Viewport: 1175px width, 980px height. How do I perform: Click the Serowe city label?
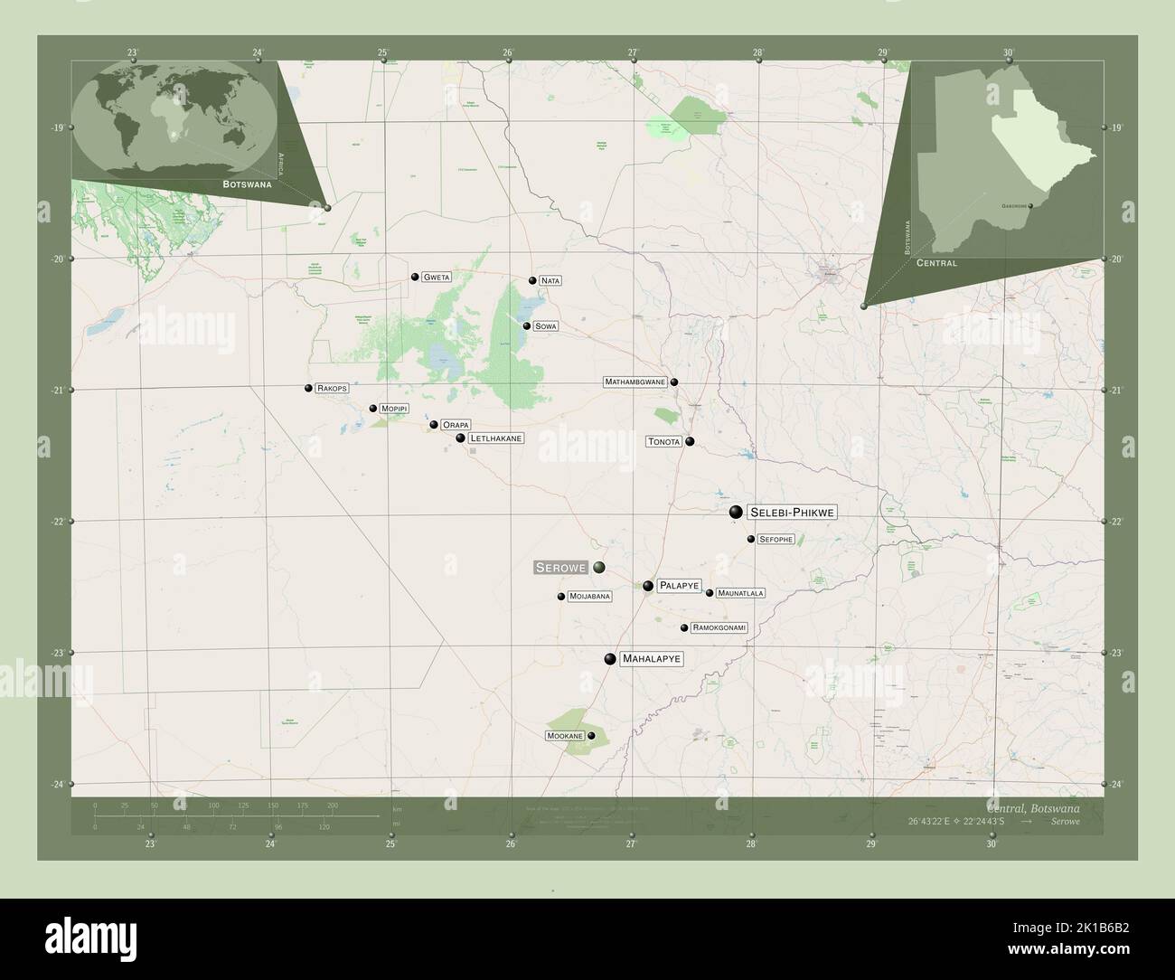(x=560, y=568)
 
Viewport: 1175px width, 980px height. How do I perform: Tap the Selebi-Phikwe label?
(x=793, y=513)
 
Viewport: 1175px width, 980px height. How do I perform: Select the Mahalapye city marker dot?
(x=611, y=659)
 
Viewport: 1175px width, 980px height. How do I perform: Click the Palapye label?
(x=679, y=586)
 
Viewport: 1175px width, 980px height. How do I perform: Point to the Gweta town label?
(x=437, y=278)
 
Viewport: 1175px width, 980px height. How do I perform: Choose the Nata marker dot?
(x=532, y=280)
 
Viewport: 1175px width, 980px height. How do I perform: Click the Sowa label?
(x=545, y=325)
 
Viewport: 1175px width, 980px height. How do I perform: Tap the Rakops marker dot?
(x=308, y=388)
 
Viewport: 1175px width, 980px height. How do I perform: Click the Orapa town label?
(x=456, y=425)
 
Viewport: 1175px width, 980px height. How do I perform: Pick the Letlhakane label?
(x=496, y=438)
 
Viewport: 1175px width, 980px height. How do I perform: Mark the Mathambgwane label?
(x=635, y=382)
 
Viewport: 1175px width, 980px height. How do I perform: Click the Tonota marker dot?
(x=690, y=442)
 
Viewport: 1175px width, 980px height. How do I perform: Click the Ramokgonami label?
(x=719, y=627)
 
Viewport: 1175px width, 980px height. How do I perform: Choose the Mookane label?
(x=564, y=736)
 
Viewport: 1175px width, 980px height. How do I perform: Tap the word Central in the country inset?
(x=936, y=263)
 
